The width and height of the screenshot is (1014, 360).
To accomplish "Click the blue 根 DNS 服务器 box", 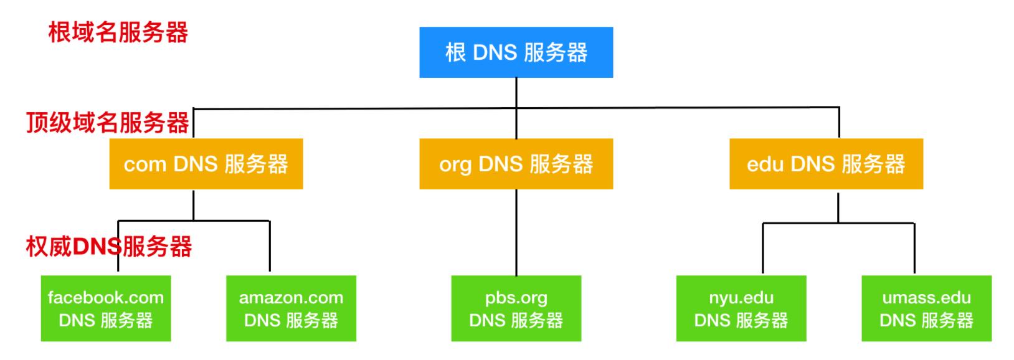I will [x=516, y=52].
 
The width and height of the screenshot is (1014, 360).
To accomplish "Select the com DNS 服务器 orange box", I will [x=206, y=164].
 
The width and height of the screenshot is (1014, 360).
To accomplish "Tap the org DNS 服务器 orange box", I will [x=516, y=164].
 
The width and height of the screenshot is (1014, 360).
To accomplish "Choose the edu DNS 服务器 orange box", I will [x=826, y=164].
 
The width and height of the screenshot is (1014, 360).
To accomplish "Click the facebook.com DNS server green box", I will [x=106, y=309].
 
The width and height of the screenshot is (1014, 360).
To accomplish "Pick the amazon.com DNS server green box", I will [x=291, y=309].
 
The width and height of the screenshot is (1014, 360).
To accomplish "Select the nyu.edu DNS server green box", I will [x=741, y=309].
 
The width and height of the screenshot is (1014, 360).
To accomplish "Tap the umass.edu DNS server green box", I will [x=926, y=309].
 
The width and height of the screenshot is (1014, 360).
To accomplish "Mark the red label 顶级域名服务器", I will [x=108, y=123].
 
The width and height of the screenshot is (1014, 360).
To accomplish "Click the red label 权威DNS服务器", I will [x=109, y=247].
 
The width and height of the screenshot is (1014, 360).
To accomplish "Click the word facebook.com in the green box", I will [x=106, y=298].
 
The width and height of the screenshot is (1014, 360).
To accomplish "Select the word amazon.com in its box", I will [x=291, y=298].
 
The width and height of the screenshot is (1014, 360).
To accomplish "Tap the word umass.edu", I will [x=926, y=298].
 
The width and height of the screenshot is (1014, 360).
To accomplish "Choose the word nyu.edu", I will [x=741, y=298].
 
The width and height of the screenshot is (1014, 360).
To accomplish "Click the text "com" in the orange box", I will [x=145, y=165].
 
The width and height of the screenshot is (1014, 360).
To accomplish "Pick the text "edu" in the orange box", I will [x=765, y=164].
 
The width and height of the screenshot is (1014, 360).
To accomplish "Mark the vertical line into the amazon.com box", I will [x=270, y=247].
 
